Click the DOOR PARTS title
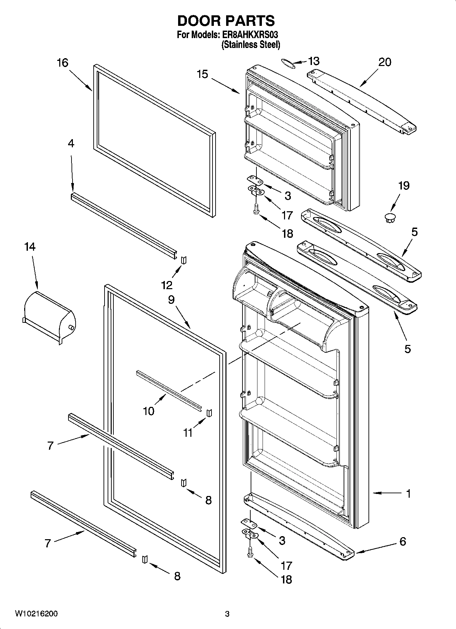226,21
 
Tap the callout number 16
62,63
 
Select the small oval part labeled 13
288,63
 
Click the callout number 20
384,62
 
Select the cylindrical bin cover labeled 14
49,316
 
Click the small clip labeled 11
209,412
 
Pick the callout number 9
171,299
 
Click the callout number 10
149,411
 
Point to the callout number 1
408,493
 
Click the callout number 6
403,541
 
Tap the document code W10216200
36,614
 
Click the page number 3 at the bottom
227,614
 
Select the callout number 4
71,144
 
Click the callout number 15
202,74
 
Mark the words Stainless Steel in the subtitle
251,45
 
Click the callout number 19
404,186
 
